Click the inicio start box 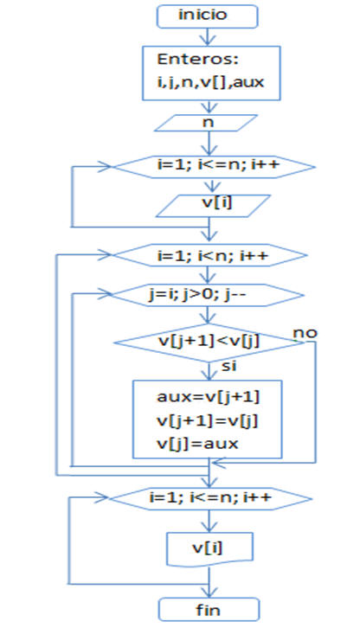pos(207,16)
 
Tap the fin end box pos(209,609)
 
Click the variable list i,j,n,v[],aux pos(210,83)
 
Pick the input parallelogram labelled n pos(206,123)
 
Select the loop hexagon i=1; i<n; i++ pos(209,255)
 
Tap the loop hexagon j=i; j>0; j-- pos(207,296)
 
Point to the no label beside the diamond pos(305,333)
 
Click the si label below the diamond pos(229,367)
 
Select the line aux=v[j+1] pos(208,398)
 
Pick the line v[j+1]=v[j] pos(208,421)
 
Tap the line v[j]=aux pos(197,444)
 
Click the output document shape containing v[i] pos(210,549)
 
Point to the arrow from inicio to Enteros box pos(209,37)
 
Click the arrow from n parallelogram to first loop pos(209,143)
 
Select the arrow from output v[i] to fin pos(209,582)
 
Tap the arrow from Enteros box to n pos(209,107)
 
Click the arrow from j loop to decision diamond pos(209,316)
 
